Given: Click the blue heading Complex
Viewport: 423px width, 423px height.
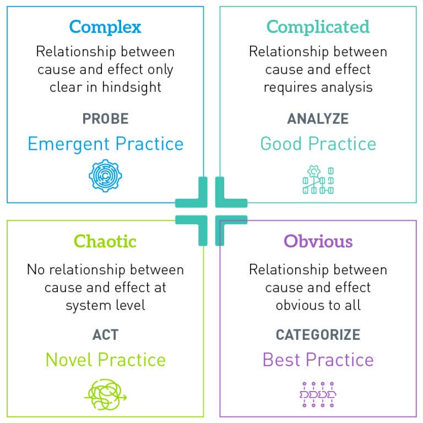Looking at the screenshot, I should coord(105,27).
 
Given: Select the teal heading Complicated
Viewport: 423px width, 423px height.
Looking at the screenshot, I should coord(318,27).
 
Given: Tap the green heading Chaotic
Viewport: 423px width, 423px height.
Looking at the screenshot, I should coord(105,241).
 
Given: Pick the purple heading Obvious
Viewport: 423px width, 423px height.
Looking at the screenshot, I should coord(318,241).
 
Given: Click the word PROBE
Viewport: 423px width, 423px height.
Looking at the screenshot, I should coord(105,118).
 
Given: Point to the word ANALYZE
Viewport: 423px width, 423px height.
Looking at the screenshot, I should coord(318,118).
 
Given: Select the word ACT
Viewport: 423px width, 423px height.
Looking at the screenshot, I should coord(105,334).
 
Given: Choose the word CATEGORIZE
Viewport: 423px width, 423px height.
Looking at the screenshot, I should coord(318,334).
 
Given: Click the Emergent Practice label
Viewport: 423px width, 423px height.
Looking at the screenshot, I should coord(105,144).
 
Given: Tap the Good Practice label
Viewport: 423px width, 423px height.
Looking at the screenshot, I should coord(318,144).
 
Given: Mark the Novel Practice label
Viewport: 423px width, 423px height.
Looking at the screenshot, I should coord(105,360).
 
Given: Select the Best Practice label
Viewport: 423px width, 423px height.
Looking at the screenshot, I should coord(318,360).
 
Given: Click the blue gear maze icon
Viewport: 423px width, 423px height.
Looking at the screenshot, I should coord(105,176).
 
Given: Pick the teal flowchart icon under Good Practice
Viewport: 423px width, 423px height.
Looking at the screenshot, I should coord(318,180).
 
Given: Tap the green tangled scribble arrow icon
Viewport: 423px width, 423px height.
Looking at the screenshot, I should coord(105,395).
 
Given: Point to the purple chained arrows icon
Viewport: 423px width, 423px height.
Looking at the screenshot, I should coord(318,394).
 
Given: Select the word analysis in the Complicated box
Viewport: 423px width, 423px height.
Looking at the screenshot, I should coord(348,87).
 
